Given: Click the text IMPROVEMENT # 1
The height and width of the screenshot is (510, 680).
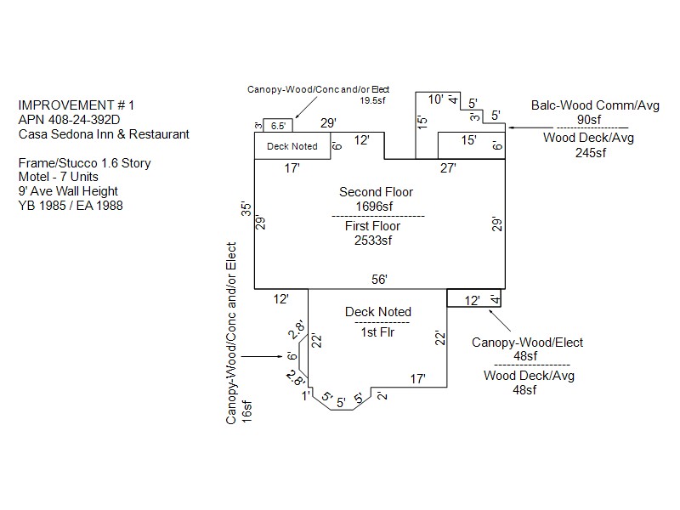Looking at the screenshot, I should [76, 105].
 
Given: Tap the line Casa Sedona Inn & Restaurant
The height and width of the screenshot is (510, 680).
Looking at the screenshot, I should [103, 134].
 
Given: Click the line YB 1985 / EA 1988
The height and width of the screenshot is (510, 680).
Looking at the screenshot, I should [70, 205].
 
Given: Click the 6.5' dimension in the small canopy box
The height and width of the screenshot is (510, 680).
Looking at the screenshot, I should [278, 126].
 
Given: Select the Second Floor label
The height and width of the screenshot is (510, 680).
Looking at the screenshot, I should [376, 192].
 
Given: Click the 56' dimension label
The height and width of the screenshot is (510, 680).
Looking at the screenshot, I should [379, 279].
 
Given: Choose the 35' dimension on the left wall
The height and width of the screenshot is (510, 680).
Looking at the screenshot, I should [246, 209].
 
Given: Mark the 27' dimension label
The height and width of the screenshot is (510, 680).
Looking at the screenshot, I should [449, 168].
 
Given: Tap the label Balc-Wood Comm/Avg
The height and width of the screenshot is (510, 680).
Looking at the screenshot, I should [583, 105].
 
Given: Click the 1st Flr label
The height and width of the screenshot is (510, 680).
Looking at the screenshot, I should [377, 331].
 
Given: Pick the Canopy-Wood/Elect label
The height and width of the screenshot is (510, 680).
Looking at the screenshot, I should [528, 343].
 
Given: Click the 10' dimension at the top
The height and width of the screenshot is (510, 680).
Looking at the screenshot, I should [435, 99].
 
